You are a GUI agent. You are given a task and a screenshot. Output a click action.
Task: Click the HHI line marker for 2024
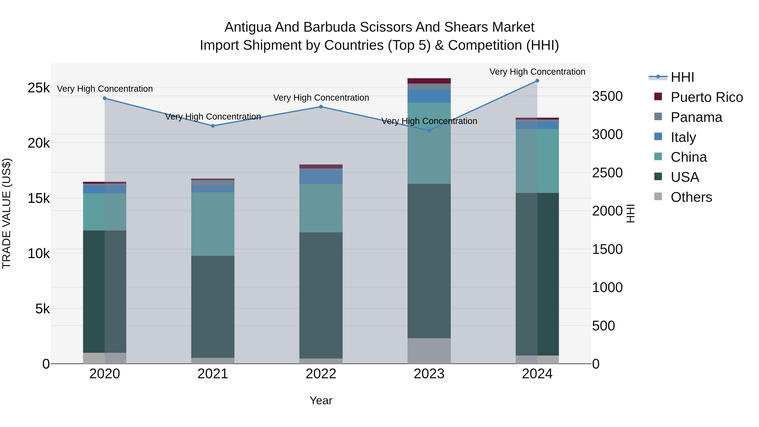tap(537, 81)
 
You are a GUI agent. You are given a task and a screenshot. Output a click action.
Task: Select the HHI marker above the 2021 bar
tap(213, 126)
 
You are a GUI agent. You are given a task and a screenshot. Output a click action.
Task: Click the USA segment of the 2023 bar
tap(429, 261)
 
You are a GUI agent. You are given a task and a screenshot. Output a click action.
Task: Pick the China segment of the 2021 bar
tap(213, 224)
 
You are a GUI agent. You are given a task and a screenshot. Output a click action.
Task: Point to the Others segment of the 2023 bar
tap(429, 351)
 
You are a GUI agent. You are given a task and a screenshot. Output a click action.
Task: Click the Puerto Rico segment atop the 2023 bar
tap(429, 81)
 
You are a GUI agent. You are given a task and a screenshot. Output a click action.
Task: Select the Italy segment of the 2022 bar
tap(321, 177)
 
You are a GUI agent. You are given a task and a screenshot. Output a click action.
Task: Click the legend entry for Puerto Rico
tap(707, 97)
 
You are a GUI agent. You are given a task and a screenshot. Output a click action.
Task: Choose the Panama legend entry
tap(696, 117)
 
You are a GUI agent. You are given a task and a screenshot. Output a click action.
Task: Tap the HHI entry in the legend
tap(682, 77)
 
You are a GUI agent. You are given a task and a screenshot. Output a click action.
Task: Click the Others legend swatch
tap(658, 197)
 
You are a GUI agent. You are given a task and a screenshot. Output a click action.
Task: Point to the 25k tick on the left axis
tap(39, 88)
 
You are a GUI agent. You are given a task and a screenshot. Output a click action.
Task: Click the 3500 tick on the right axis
tap(607, 96)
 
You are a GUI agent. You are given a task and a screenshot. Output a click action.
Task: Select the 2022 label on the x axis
tap(321, 374)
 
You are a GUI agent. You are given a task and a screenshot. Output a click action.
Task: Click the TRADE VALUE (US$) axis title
tap(7, 213)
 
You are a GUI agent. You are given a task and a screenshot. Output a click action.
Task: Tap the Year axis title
tap(321, 400)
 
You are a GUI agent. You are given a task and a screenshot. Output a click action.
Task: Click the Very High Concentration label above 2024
tap(537, 72)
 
